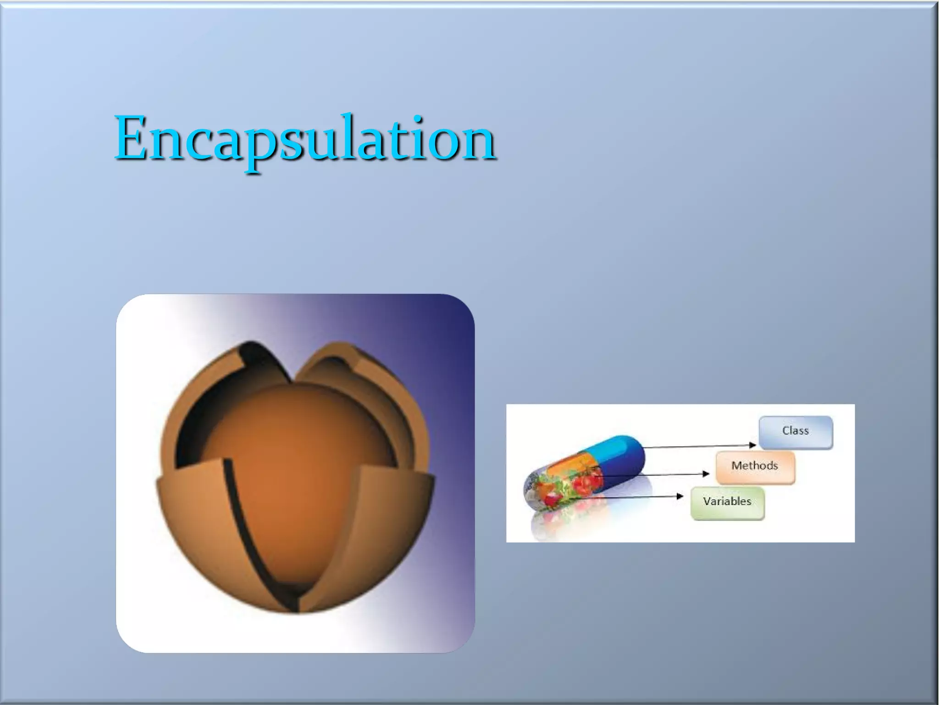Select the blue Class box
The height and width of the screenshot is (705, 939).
(x=795, y=432)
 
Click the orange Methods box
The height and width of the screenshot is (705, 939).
(x=755, y=467)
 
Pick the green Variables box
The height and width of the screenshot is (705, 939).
(x=727, y=503)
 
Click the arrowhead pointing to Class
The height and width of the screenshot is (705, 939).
(x=752, y=445)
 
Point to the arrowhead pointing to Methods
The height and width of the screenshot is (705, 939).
(x=706, y=474)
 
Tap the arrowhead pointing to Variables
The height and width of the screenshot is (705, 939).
(x=680, y=496)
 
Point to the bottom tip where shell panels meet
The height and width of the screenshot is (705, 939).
(x=298, y=606)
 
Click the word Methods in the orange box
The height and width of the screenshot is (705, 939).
(x=755, y=466)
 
